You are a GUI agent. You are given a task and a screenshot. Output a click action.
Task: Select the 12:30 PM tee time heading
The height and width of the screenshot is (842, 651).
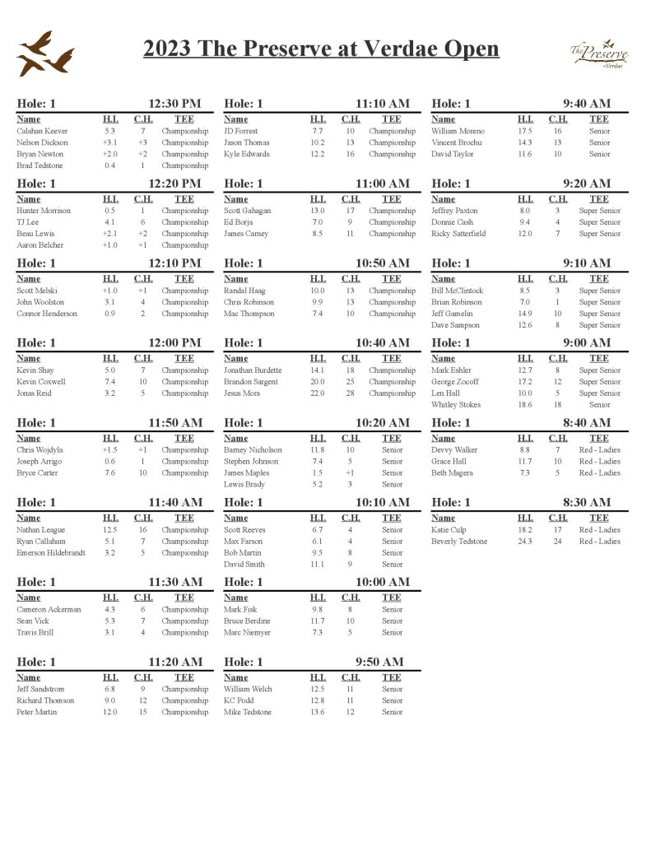174,104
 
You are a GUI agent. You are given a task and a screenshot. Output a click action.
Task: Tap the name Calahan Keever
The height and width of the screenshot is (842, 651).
42,131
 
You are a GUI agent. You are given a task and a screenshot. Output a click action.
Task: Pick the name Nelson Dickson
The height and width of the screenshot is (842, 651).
42,142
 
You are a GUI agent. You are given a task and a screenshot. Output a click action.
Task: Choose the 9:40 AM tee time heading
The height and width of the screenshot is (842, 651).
587,104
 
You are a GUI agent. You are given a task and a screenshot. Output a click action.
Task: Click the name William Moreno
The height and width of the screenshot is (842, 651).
458,131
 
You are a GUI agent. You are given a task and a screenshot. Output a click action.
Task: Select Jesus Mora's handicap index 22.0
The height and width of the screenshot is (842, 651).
318,393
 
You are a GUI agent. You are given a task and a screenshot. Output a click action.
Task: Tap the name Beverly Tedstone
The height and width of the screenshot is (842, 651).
459,542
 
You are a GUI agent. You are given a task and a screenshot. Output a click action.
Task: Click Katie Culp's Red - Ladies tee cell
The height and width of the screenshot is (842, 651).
599,530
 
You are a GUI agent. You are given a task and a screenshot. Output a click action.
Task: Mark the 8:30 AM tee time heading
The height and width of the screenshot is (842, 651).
587,502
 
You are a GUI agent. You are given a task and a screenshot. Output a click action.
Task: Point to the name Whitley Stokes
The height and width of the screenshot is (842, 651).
455,405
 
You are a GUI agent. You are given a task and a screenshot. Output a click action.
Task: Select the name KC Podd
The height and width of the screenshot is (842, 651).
239,700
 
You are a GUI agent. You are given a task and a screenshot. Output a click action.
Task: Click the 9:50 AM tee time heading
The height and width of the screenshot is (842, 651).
379,662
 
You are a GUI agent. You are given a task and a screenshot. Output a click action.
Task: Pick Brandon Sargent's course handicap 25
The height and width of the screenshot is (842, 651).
350,382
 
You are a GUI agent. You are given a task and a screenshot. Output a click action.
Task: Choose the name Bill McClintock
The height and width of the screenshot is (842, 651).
458,291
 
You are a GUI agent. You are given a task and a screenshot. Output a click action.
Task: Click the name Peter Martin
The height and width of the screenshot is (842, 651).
37,712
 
